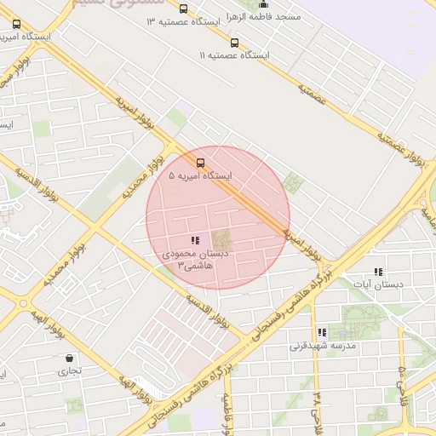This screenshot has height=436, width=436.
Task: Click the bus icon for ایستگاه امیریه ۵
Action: point(200,162)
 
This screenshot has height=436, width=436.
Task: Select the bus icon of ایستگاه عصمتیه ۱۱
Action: point(234,42)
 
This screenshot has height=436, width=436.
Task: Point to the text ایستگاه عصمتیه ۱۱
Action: point(234,55)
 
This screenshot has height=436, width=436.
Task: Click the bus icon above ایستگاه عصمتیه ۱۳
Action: point(183,9)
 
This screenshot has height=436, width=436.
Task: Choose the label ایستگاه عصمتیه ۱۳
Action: point(183,21)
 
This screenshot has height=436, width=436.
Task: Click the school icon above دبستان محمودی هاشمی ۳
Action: point(195,241)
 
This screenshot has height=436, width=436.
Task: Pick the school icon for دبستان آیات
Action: point(378,271)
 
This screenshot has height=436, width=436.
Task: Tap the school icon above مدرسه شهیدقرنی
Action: point(321,332)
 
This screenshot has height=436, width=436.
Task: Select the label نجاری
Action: point(69,371)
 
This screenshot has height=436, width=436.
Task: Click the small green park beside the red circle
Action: point(295,182)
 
